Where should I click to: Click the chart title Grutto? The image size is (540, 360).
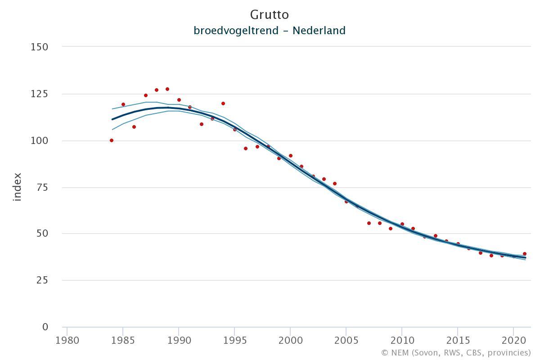click(x=269, y=14)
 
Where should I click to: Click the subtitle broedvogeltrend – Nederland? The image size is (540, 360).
click(x=269, y=31)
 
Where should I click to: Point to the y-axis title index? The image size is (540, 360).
click(x=17, y=187)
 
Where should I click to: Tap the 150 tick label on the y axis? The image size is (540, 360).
click(x=39, y=47)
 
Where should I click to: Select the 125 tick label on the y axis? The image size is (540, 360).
click(x=39, y=94)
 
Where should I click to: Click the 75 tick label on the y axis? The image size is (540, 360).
click(x=42, y=187)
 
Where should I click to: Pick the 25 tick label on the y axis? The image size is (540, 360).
click(x=42, y=280)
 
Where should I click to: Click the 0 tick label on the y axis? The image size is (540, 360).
click(x=45, y=327)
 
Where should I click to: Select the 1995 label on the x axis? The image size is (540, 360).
click(x=234, y=339)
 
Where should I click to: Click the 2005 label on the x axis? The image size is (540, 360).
click(x=346, y=339)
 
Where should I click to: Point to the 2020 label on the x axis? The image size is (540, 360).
click(x=514, y=339)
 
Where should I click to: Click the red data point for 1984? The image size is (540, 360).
click(x=112, y=140)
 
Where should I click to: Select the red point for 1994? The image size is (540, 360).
click(x=223, y=103)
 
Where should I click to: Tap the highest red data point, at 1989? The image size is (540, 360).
click(x=167, y=89)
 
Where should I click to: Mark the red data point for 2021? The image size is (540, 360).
click(x=525, y=254)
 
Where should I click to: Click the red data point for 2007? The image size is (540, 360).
click(x=369, y=223)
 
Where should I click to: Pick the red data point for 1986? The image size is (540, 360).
click(x=134, y=127)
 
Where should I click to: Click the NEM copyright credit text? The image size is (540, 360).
click(x=456, y=352)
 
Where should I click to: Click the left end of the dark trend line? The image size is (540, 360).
click(x=112, y=119)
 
